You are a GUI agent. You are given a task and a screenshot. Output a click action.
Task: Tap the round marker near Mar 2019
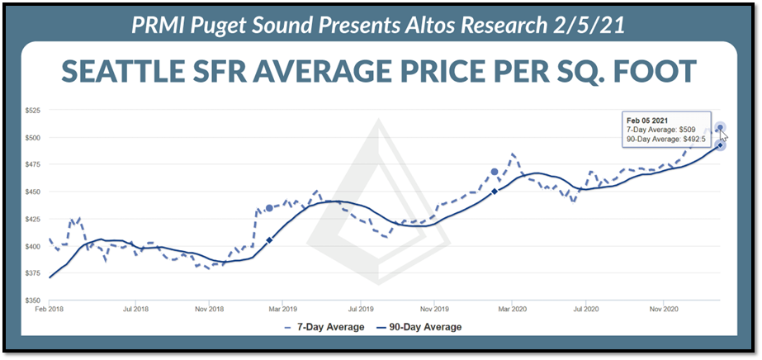pyautogui.click(x=269, y=208)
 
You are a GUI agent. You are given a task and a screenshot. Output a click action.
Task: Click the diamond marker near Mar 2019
pyautogui.click(x=269, y=240)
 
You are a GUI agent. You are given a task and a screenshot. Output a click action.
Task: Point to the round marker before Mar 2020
pyautogui.click(x=495, y=172)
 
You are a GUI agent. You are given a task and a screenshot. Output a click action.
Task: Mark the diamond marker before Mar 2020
pyautogui.click(x=495, y=191)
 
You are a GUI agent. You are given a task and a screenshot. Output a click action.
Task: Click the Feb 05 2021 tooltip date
pyautogui.click(x=642, y=120)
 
